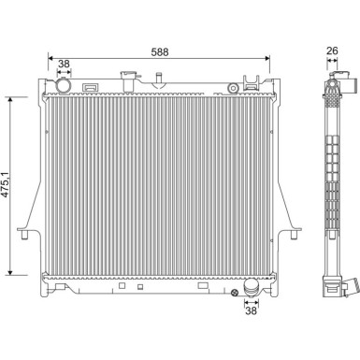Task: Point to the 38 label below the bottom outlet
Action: point(250,314)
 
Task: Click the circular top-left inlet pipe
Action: point(64,87)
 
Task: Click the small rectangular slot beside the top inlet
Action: point(92,88)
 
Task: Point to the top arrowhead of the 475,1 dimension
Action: point(10,97)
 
